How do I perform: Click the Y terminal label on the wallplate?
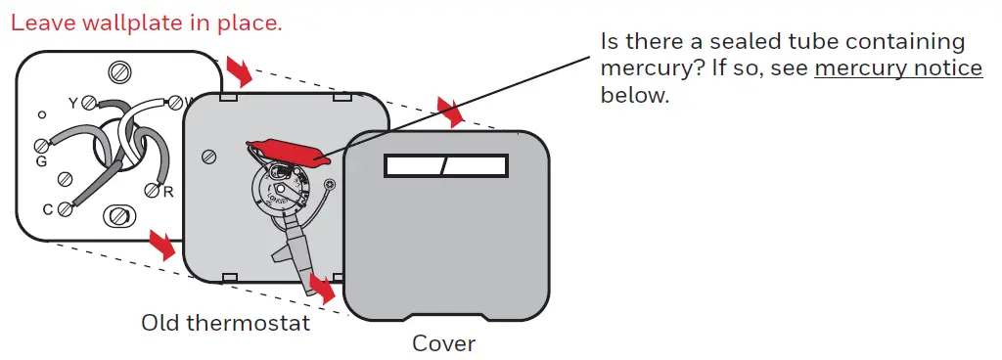pos(71,101)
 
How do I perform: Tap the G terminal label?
pos(41,161)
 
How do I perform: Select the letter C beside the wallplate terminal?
pos(48,208)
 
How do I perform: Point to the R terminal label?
pos(168,192)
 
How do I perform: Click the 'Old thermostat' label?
pos(225,322)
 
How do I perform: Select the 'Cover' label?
pos(443,343)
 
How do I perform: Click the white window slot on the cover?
pos(446,167)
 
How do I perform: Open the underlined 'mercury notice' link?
pos(897,68)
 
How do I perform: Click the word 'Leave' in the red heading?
pos(41,22)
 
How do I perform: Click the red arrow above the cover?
pos(452,111)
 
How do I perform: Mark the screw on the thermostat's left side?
pos(207,157)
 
